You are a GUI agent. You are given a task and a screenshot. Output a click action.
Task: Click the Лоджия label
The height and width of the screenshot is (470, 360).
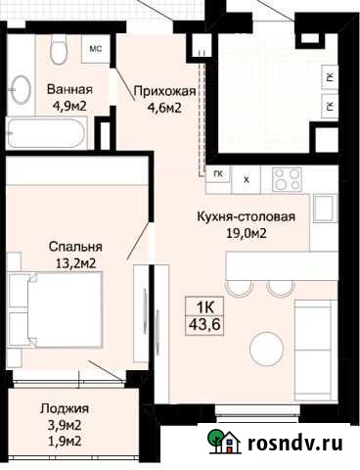(66, 409)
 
